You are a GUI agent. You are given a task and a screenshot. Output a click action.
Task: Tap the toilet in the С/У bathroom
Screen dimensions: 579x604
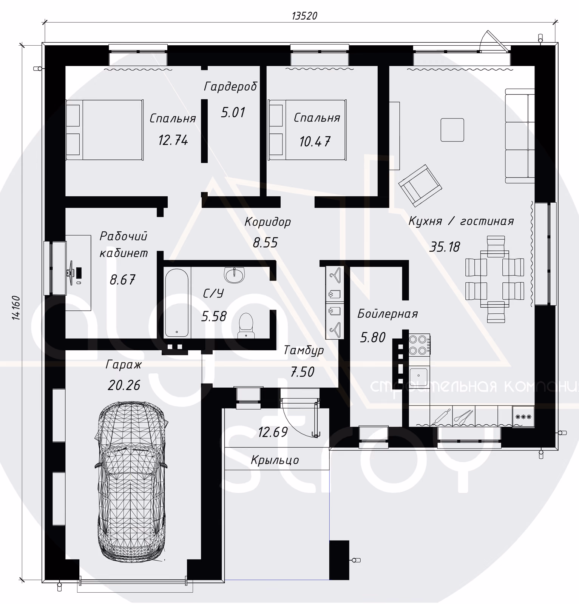[246, 325]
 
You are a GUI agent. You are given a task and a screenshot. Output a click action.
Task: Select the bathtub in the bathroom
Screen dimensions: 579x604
[176, 302]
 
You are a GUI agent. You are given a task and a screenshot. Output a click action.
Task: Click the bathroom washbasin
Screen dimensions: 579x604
[235, 275]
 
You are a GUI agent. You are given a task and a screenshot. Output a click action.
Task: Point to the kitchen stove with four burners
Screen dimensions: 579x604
[420, 344]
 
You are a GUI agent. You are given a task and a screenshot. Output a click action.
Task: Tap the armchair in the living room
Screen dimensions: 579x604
[420, 185]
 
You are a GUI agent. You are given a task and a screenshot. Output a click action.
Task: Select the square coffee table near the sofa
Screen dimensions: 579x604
[452, 130]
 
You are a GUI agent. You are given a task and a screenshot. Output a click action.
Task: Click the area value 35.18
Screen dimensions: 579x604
[445, 247]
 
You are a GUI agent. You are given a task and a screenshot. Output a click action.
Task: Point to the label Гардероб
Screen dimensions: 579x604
[230, 86]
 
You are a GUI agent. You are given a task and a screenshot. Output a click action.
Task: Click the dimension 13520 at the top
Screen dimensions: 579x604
[304, 16]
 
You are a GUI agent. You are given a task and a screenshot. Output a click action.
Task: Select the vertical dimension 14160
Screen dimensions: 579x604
[16, 308]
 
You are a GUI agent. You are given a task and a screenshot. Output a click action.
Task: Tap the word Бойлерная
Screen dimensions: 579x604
[388, 314]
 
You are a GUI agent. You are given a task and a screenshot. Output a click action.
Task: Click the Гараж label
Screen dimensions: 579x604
[124, 364]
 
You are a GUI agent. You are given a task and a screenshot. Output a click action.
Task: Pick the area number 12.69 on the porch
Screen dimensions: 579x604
[273, 432]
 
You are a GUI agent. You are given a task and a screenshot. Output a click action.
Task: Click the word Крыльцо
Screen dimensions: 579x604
[275, 460]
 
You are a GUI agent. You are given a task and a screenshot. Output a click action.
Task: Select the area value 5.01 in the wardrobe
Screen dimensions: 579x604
[233, 112]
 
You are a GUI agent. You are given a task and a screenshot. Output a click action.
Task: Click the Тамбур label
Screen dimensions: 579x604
[303, 350]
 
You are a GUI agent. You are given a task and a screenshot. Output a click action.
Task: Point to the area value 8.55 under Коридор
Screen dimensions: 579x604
[265, 242]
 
